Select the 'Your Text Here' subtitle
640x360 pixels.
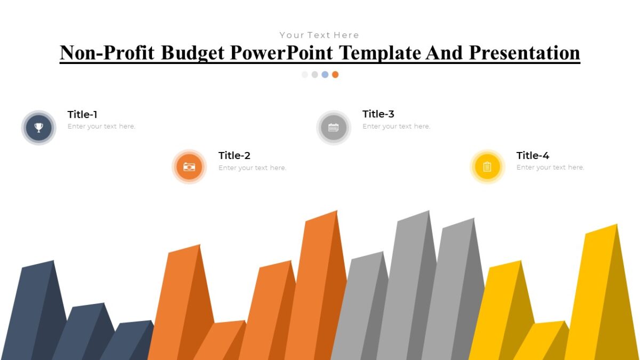pos(319,35)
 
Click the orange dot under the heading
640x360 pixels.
pos(335,75)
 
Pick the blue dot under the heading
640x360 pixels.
pos(325,75)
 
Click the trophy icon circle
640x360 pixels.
pos(38,127)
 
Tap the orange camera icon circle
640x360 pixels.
pos(189,167)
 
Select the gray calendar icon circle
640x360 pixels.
pos(333,127)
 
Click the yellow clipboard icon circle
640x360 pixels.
pos(487,167)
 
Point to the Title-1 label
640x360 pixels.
pos(82,115)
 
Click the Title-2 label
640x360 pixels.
pos(234,156)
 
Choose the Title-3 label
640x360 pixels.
pos(378,114)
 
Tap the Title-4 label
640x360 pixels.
pos(532,156)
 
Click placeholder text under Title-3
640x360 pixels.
pos(396,126)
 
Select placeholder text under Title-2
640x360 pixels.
pos(252,167)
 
